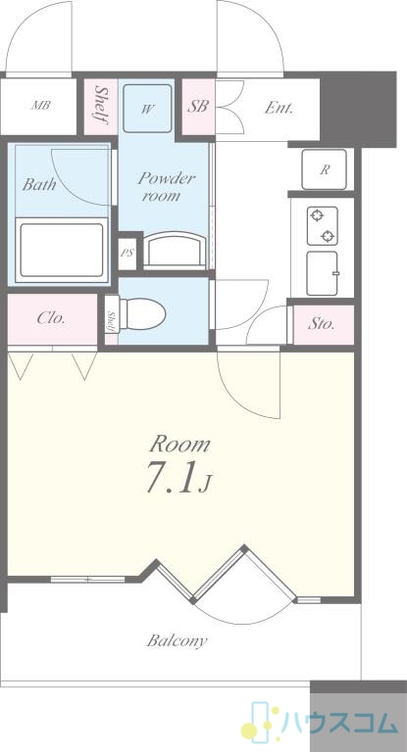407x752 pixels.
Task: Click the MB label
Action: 41,106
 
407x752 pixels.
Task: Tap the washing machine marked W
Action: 147,109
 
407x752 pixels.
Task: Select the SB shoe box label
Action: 197,106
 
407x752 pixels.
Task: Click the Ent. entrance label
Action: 279,108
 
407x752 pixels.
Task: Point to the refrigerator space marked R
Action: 325,169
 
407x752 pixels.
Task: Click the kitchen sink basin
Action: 322,273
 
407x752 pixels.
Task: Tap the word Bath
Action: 38,184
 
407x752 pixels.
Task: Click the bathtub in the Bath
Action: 62,250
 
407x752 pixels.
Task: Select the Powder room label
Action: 167,187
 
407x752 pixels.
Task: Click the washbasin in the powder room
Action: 175,250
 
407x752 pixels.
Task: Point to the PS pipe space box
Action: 127,253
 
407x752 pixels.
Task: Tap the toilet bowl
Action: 142,313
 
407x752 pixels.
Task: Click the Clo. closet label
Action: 51,318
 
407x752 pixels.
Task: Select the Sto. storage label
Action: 321,324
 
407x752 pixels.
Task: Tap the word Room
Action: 179,445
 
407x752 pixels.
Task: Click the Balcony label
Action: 177,640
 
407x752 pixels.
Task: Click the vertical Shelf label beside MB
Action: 101,105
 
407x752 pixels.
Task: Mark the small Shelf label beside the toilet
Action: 111,320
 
